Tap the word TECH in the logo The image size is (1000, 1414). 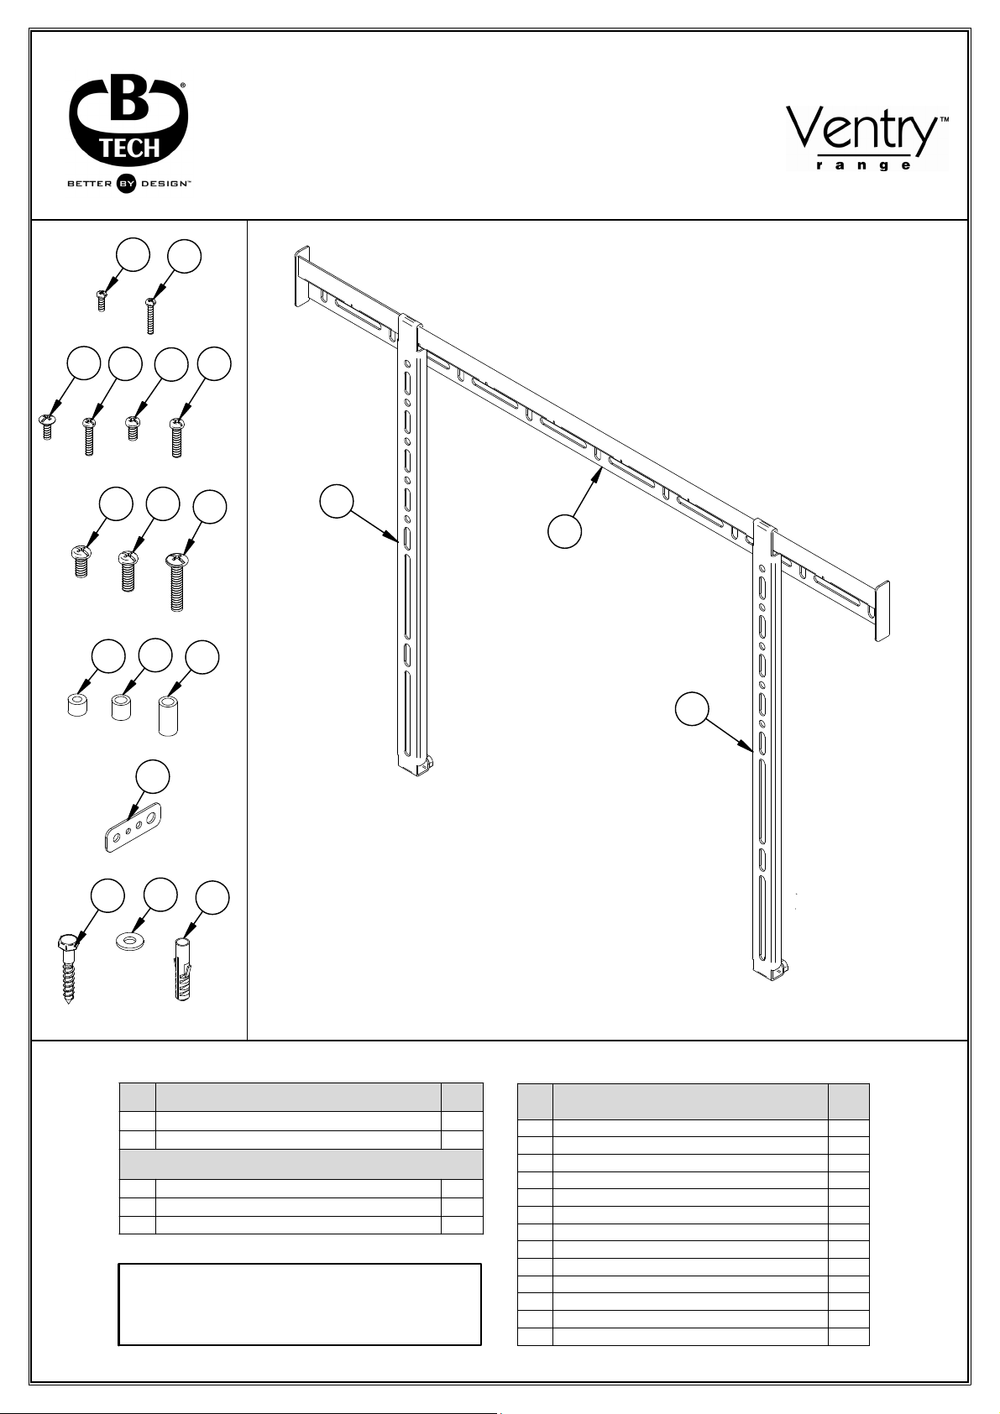point(129,149)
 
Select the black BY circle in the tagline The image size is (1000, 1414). point(126,184)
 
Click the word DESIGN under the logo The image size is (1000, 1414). point(163,184)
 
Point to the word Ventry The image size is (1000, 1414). point(861,128)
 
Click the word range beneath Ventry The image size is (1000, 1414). point(863,165)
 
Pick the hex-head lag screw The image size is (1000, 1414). point(68,968)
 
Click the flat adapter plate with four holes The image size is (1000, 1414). point(134,827)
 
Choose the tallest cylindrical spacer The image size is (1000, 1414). point(168,716)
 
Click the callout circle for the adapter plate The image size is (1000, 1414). point(153,777)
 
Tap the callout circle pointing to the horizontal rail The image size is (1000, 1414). point(564,531)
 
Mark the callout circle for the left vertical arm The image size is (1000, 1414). point(336,501)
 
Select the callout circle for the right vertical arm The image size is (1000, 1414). point(692,709)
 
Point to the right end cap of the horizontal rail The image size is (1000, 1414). point(882,610)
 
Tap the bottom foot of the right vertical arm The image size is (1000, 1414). point(772,970)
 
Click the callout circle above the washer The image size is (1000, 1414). point(160,895)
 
